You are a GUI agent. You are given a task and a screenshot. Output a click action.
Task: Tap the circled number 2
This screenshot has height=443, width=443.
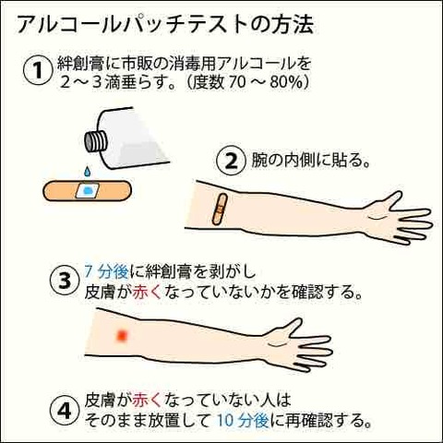[228, 161]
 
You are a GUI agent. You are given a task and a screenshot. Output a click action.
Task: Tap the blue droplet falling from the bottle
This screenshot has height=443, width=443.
[87, 173]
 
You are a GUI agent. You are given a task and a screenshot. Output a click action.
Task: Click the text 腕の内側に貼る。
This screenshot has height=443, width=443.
[309, 161]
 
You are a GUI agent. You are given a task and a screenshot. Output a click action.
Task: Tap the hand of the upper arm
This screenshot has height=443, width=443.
[405, 218]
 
